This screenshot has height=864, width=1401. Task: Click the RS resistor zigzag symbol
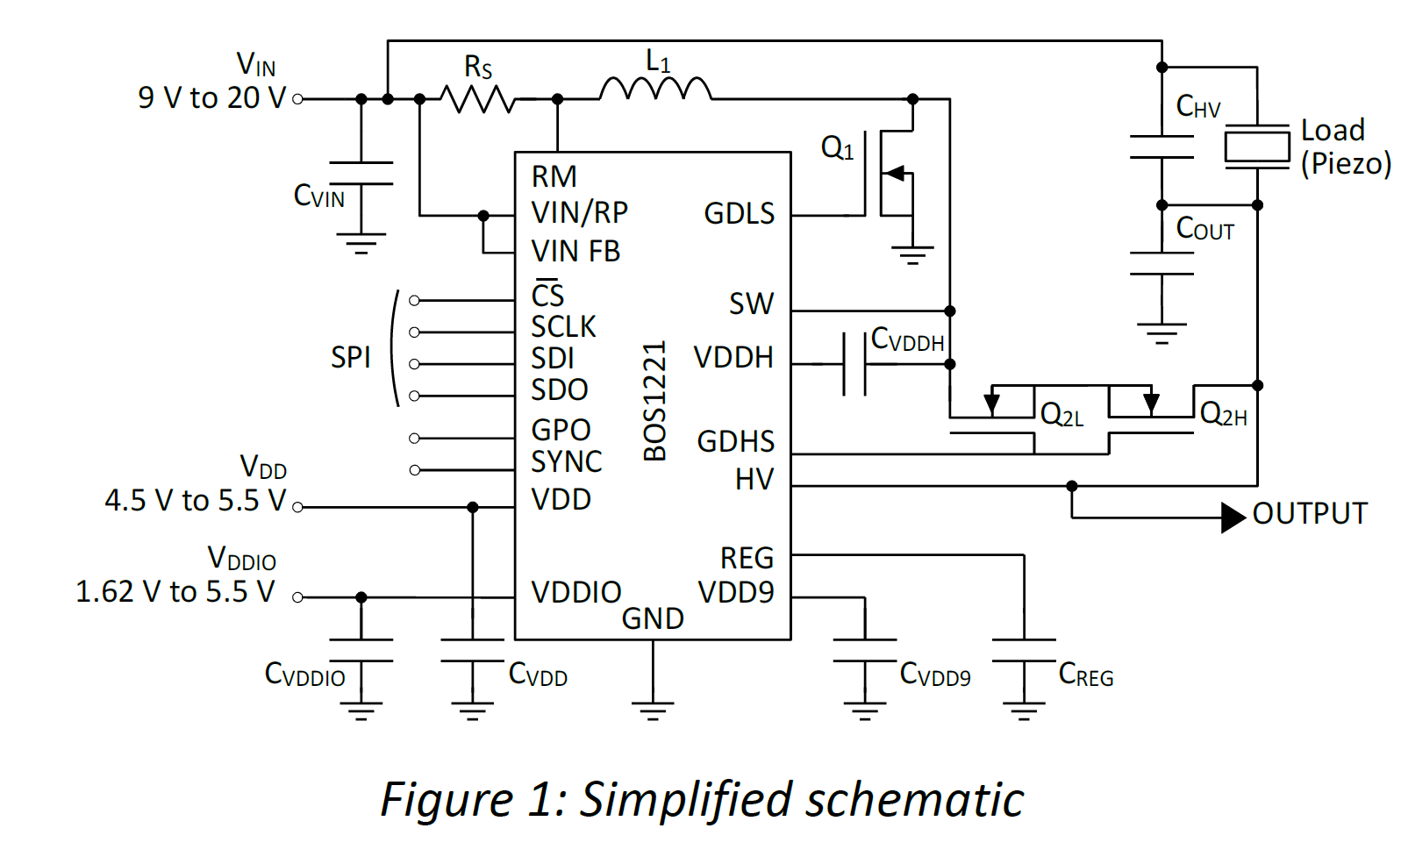477,99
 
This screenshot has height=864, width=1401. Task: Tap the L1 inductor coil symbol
655,90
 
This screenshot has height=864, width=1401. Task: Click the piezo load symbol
1256,146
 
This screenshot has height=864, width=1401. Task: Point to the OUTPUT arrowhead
1233,518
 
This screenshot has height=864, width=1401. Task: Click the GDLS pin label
739,214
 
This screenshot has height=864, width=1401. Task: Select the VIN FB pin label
575,252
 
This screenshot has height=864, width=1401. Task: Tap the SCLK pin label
563,327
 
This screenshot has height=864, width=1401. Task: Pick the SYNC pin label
567,462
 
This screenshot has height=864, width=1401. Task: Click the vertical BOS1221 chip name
655,402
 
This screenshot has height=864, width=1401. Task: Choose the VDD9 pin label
736,593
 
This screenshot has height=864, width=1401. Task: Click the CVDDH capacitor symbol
854,363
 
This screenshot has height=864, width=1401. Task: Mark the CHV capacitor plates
1162,147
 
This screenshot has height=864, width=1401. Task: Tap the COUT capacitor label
1204,229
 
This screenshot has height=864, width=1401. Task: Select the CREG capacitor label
1086,675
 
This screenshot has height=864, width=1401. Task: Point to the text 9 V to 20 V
211,98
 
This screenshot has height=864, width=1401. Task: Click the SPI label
350,358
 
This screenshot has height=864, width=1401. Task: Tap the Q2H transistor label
1223,414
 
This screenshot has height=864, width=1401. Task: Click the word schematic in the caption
914,800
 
